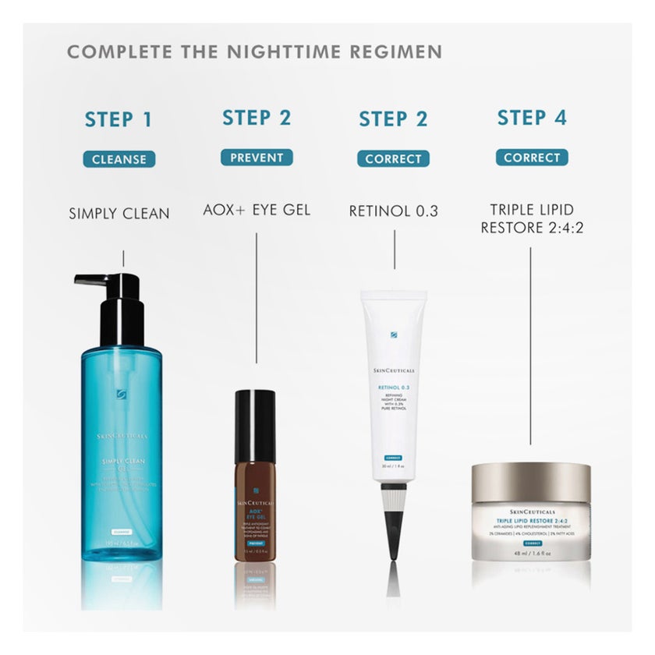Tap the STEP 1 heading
[119, 119]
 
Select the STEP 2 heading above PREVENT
[257, 118]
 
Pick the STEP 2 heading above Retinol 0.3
[394, 119]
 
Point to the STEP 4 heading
[532, 118]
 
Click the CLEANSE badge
[119, 159]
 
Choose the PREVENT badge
[257, 158]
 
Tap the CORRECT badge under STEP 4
[532, 158]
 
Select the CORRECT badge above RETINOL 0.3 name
[394, 159]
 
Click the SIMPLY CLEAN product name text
[119, 213]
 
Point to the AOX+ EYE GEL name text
[257, 211]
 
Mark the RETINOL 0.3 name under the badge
[394, 211]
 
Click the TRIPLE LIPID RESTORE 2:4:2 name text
[532, 219]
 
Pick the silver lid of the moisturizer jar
[531, 482]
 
